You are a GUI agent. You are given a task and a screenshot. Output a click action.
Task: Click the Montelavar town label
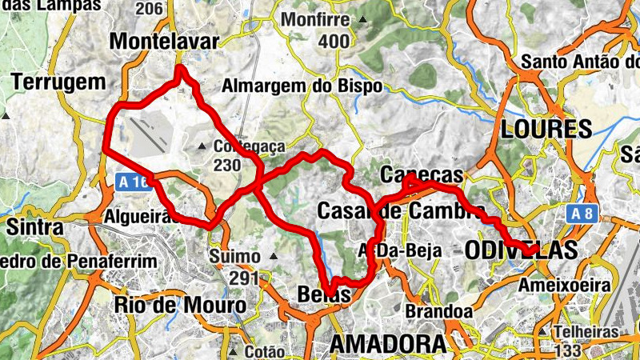pos(165,41)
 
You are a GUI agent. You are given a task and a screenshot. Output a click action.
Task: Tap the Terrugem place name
pos(58,82)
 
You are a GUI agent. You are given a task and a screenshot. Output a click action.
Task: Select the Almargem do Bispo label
pos(302,86)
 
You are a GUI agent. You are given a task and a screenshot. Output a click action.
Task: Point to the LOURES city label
pos(546,129)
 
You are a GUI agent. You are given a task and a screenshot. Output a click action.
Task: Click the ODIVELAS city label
pos(521,250)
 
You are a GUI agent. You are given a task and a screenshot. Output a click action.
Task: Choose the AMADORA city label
pos(387,344)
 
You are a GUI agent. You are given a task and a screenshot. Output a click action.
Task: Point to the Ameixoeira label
pos(565,285)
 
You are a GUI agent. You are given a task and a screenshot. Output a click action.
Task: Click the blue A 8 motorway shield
pos(586,214)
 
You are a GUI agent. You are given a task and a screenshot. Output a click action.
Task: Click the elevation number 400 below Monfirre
pos(334,41)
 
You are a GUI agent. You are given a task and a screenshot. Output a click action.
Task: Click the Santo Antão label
pos(580,62)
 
